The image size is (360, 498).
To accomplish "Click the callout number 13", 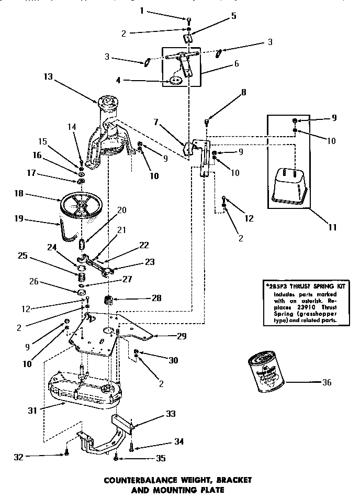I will tap(48, 76).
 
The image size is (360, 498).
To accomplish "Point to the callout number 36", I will tap(327, 382).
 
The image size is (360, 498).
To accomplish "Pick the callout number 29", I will tap(181, 336).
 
